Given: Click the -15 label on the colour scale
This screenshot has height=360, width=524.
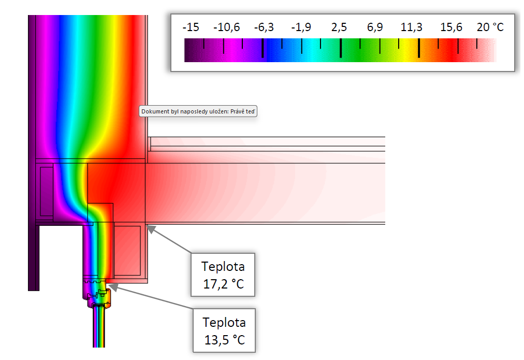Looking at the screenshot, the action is click(x=191, y=27).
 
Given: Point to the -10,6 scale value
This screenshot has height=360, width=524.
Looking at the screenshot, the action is click(x=227, y=27).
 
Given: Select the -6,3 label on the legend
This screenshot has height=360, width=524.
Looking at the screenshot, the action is click(x=264, y=27).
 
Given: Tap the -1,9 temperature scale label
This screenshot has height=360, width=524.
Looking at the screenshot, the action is click(x=301, y=27).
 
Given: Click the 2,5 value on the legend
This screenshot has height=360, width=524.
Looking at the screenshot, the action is click(x=339, y=27).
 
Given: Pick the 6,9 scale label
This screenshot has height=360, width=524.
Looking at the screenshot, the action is click(x=375, y=27).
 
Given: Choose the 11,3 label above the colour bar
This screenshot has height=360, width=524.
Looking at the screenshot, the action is click(x=411, y=27).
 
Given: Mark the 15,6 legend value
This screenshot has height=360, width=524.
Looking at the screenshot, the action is click(x=451, y=27).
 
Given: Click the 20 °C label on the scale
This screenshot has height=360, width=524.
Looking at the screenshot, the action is click(x=490, y=27).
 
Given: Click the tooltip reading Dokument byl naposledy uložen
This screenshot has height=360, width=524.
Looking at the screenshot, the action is click(x=198, y=111).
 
